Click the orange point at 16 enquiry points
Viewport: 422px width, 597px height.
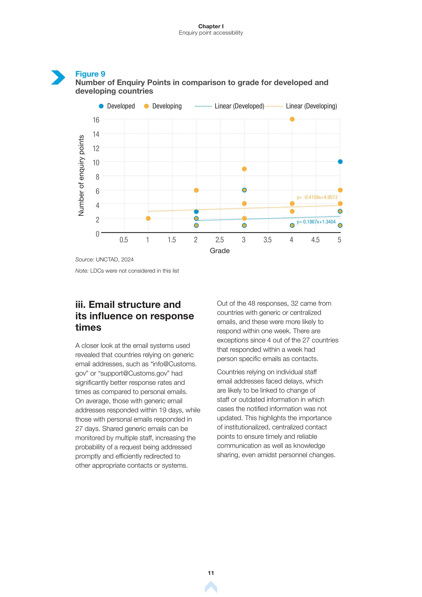[x=292, y=119]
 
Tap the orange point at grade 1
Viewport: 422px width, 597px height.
[x=148, y=218]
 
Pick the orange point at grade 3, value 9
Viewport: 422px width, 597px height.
[x=244, y=169]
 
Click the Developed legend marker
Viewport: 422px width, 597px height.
[x=101, y=106]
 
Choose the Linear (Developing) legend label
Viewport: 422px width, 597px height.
[x=311, y=106]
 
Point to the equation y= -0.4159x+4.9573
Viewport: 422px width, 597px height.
[x=317, y=197]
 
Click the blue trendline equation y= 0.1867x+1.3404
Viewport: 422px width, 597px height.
[x=316, y=222]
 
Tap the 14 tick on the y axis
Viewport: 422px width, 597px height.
[x=96, y=134]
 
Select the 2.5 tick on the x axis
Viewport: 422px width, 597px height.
[x=220, y=240]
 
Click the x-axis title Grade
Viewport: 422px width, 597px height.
[x=220, y=251]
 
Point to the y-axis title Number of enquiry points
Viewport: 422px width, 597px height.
[x=81, y=175]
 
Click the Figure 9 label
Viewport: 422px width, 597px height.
[x=90, y=74]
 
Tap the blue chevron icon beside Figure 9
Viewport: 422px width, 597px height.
[x=58, y=77]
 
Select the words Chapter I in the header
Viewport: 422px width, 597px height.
[x=211, y=26]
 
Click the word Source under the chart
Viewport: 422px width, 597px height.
[x=85, y=260]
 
